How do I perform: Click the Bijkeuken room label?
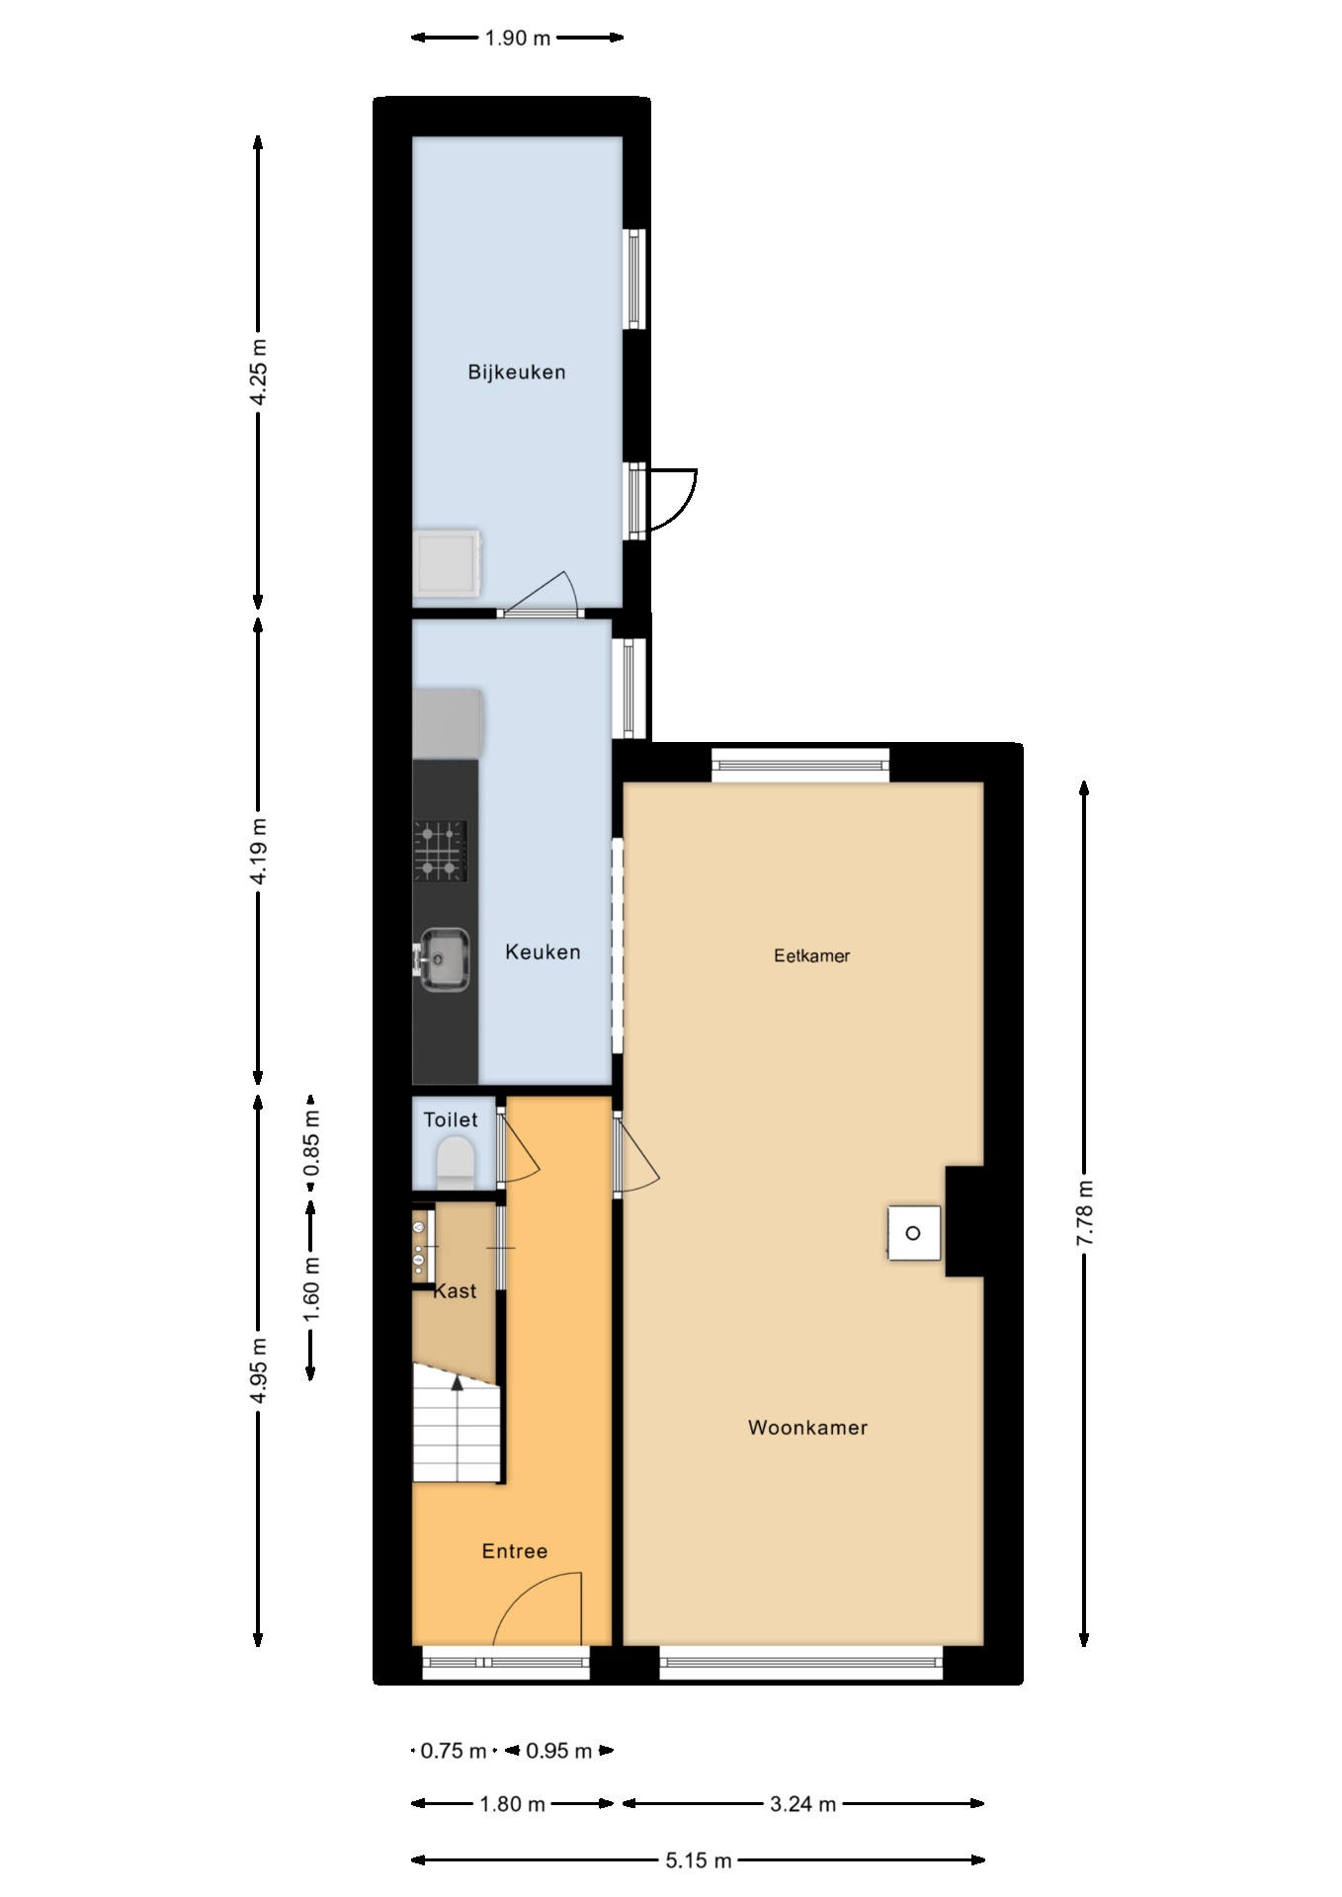(517, 372)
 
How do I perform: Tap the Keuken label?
(543, 952)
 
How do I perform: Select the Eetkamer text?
(811, 955)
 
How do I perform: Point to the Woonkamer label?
(807, 1428)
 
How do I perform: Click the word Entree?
(515, 1551)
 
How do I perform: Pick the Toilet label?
(451, 1119)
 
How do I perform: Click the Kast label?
(455, 1291)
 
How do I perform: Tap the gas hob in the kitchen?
(440, 851)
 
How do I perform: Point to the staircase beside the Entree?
(456, 1423)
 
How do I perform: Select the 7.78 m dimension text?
(1085, 1212)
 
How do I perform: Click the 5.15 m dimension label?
(699, 1860)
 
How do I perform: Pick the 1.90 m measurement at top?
(517, 39)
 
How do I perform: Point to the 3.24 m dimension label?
(803, 1804)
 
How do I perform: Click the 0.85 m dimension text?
(311, 1142)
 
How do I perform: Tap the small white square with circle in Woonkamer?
(913, 1232)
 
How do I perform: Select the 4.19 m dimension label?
(258, 852)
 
